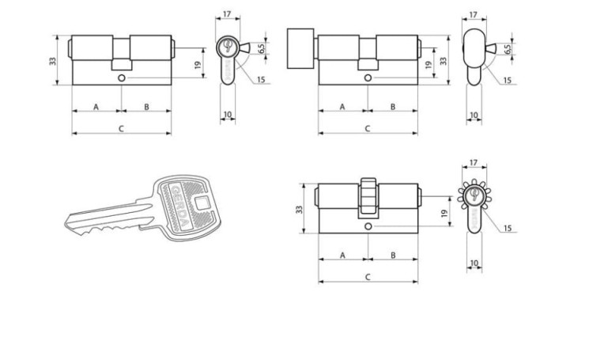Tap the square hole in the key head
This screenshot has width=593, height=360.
202,203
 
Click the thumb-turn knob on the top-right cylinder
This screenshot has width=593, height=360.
300,48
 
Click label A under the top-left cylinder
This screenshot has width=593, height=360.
96,107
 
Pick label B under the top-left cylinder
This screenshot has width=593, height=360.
146,107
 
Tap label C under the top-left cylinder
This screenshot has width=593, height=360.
121,129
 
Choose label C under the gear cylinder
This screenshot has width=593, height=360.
368,277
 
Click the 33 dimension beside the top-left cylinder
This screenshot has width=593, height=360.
52,61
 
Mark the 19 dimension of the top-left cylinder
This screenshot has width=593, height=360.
198,65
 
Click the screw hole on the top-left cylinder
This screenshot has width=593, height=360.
122,78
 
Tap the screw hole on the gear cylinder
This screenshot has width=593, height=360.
368,226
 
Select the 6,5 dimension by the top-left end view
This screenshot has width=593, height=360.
261,48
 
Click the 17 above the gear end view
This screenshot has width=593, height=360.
473,163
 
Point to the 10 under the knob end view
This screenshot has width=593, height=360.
474,115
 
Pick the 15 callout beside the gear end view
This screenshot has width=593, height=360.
507,228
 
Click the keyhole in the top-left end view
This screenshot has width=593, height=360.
227,45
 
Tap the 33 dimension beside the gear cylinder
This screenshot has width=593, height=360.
299,210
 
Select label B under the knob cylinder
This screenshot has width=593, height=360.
393,107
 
